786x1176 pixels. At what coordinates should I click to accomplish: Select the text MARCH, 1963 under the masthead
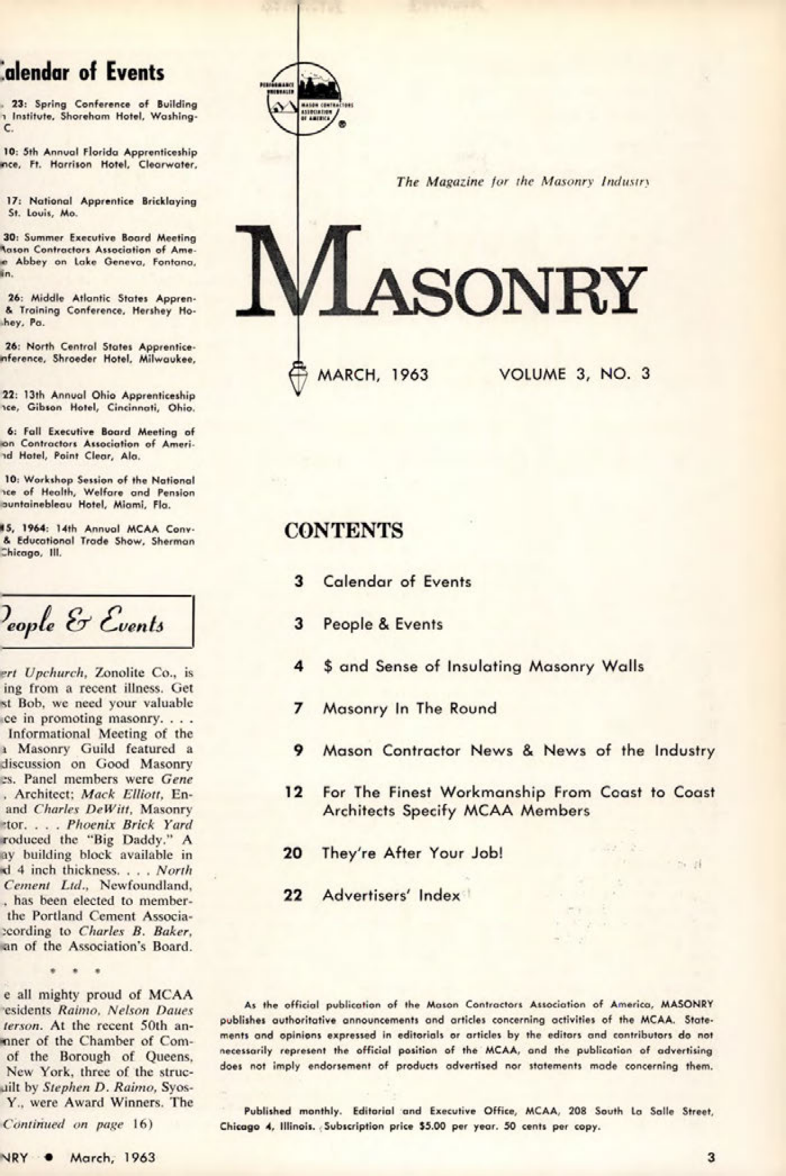tap(372, 375)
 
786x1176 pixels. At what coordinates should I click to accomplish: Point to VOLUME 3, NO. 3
tap(574, 374)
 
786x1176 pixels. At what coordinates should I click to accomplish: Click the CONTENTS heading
tap(344, 531)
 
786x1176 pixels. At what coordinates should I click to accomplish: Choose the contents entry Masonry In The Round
tap(409, 709)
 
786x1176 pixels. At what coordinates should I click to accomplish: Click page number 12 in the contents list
tap(294, 793)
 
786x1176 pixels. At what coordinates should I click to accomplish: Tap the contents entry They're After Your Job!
tap(412, 853)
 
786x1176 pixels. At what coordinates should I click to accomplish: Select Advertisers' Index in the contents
tap(391, 895)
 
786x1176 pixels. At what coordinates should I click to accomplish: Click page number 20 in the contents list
tap(293, 853)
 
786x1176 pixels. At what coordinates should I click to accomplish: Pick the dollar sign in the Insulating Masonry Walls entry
tap(328, 667)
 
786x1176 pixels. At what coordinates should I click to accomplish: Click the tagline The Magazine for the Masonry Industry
tap(523, 181)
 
